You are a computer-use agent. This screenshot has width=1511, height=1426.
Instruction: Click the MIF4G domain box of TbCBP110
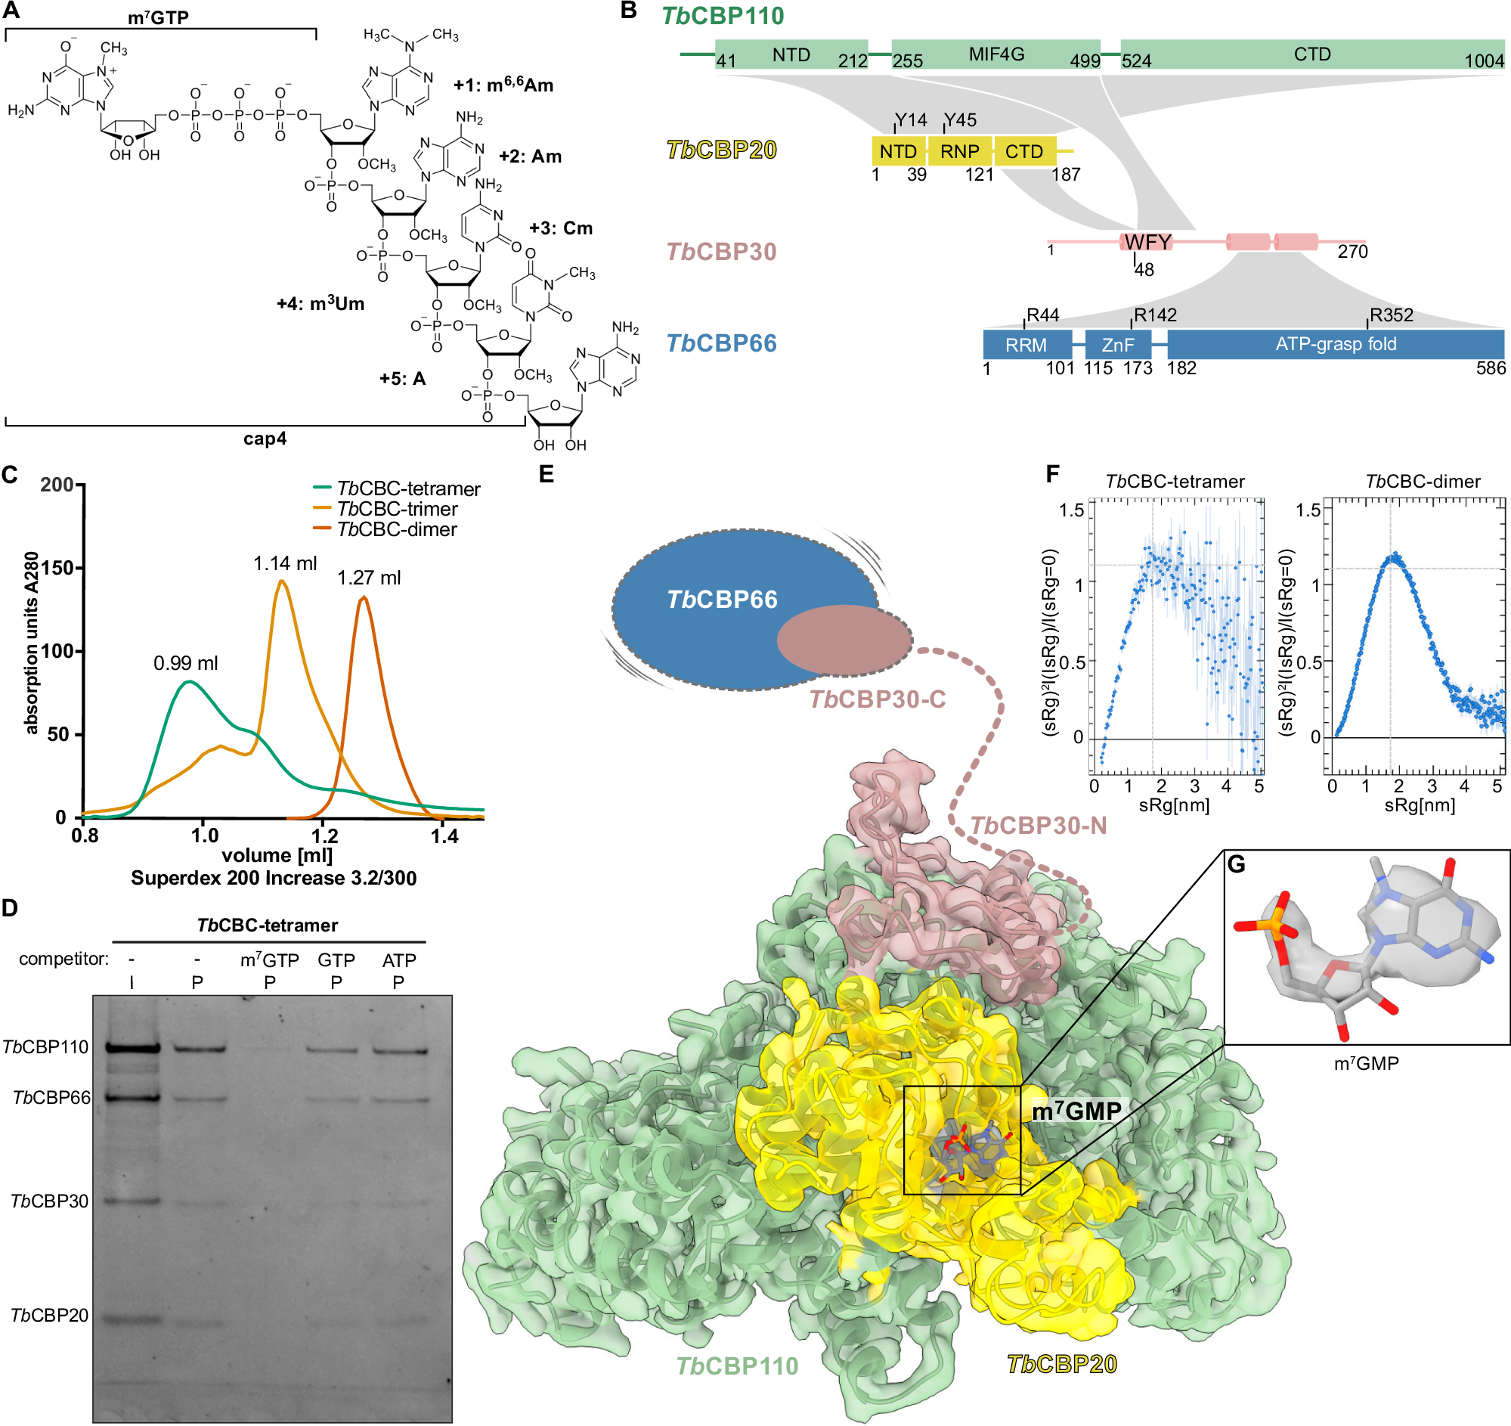click(x=995, y=54)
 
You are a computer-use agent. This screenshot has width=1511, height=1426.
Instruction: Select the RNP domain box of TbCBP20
click(x=959, y=151)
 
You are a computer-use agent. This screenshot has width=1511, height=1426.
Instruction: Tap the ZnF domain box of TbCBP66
click(x=1117, y=345)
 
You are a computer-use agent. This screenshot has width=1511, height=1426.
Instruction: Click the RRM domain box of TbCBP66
click(x=1026, y=345)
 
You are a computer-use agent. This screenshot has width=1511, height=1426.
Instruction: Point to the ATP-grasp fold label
click(x=1336, y=344)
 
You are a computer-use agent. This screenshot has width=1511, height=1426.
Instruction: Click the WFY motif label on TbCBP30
click(x=1147, y=242)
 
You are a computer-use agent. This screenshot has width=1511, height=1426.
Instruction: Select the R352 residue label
click(x=1391, y=315)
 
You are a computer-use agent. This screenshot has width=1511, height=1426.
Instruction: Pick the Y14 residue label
click(x=911, y=120)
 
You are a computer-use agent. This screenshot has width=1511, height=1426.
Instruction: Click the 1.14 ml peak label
click(x=285, y=563)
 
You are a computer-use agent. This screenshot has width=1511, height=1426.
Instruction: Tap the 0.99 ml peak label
click(x=185, y=663)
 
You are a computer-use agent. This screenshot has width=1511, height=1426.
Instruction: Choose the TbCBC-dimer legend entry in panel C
click(x=396, y=529)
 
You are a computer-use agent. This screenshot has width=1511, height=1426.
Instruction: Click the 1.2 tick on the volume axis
click(x=324, y=836)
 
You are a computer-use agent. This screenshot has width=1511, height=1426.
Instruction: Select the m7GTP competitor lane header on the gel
click(x=269, y=960)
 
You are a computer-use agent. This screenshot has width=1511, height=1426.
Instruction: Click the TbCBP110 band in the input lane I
click(x=133, y=1047)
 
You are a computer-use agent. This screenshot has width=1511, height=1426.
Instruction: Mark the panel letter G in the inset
click(x=1237, y=864)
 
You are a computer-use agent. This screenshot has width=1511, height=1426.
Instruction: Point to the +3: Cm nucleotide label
click(x=561, y=228)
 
